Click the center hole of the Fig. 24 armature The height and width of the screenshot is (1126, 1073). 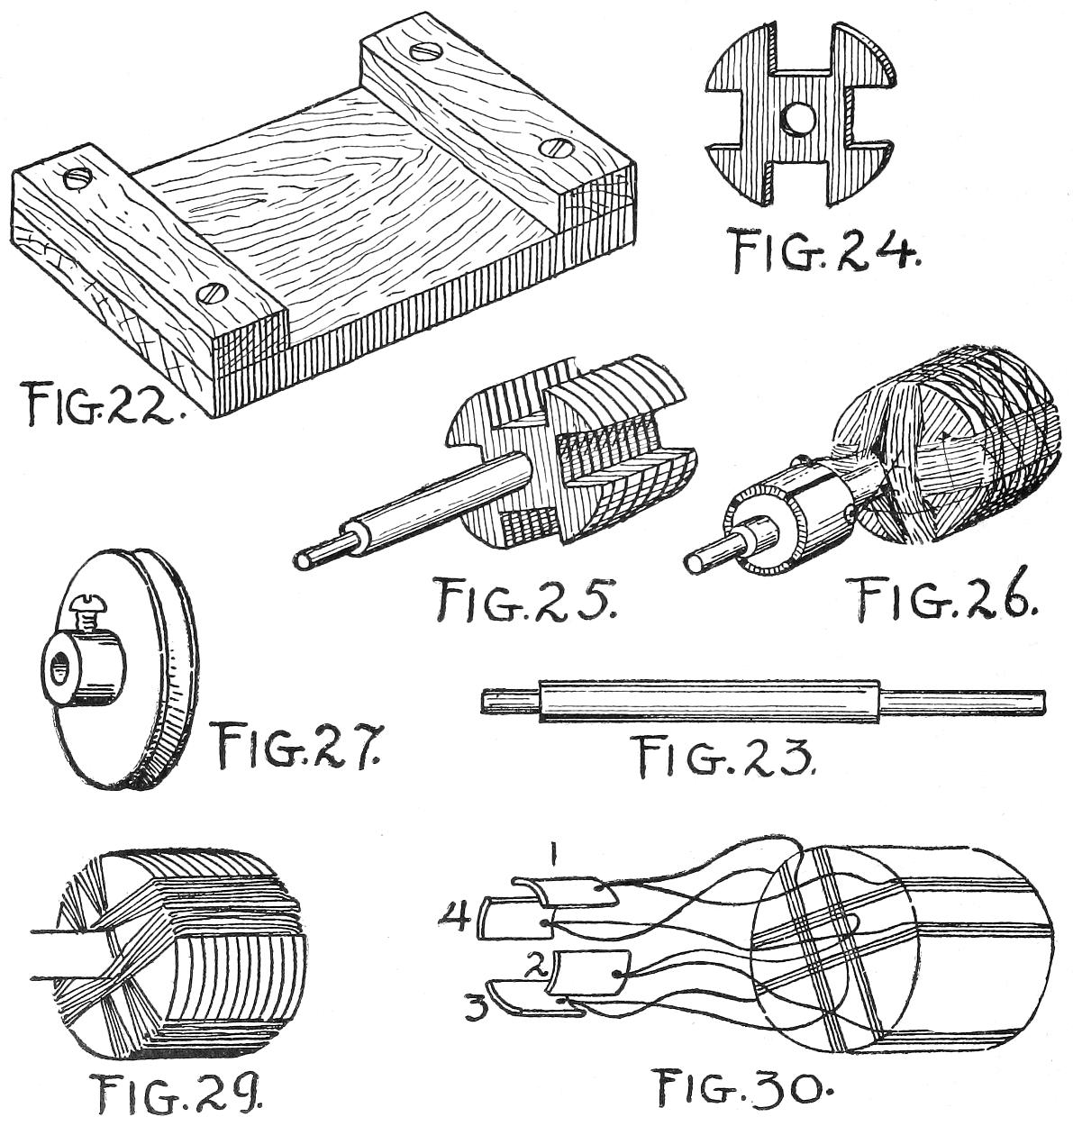798,118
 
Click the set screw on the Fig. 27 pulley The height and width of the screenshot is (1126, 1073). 86,617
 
